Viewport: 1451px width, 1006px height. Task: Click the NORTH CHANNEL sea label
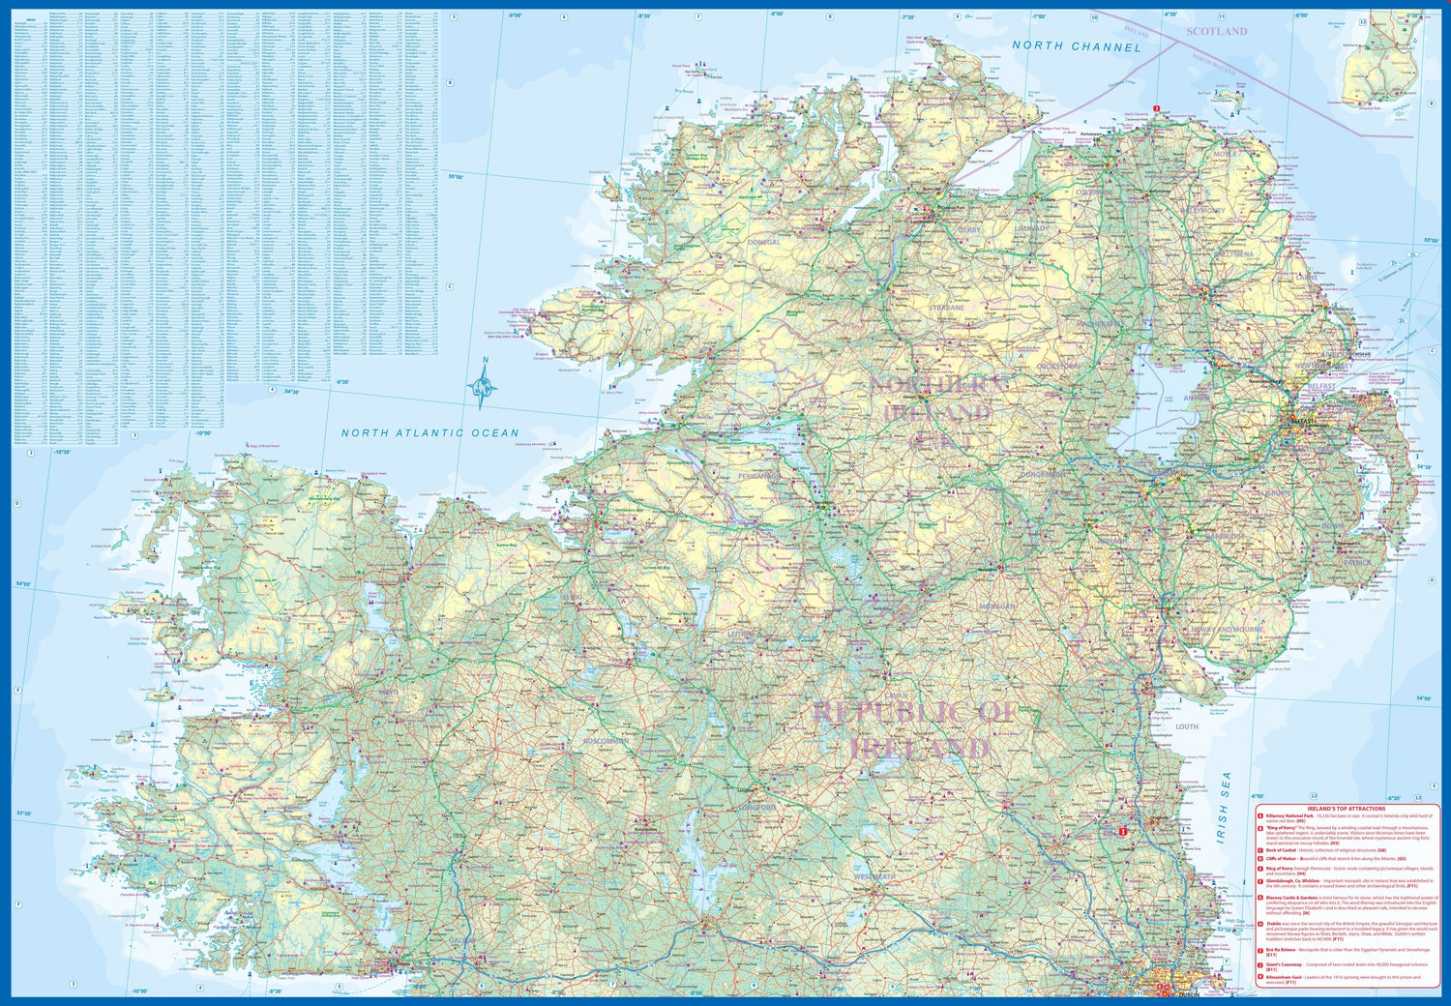click(x=1077, y=46)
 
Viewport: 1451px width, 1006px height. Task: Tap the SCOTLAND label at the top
click(x=1217, y=32)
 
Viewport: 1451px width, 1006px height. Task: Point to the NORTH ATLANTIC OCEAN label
click(x=429, y=433)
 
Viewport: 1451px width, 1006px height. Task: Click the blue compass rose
click(x=484, y=385)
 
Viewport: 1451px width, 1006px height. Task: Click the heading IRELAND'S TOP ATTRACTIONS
click(x=1346, y=809)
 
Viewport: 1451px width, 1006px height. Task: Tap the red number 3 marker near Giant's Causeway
click(x=1156, y=108)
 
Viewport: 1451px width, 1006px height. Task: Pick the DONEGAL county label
click(x=763, y=242)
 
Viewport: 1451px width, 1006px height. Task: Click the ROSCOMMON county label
click(x=607, y=741)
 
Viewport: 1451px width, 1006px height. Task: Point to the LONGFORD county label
click(x=757, y=808)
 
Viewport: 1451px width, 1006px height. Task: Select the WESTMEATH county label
click(x=874, y=876)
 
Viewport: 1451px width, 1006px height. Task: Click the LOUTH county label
click(x=1187, y=726)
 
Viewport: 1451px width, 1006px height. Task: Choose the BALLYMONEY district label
click(x=1202, y=210)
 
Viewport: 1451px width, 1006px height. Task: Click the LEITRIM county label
click(x=744, y=635)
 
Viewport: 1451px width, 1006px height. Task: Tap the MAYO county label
click(x=389, y=693)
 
